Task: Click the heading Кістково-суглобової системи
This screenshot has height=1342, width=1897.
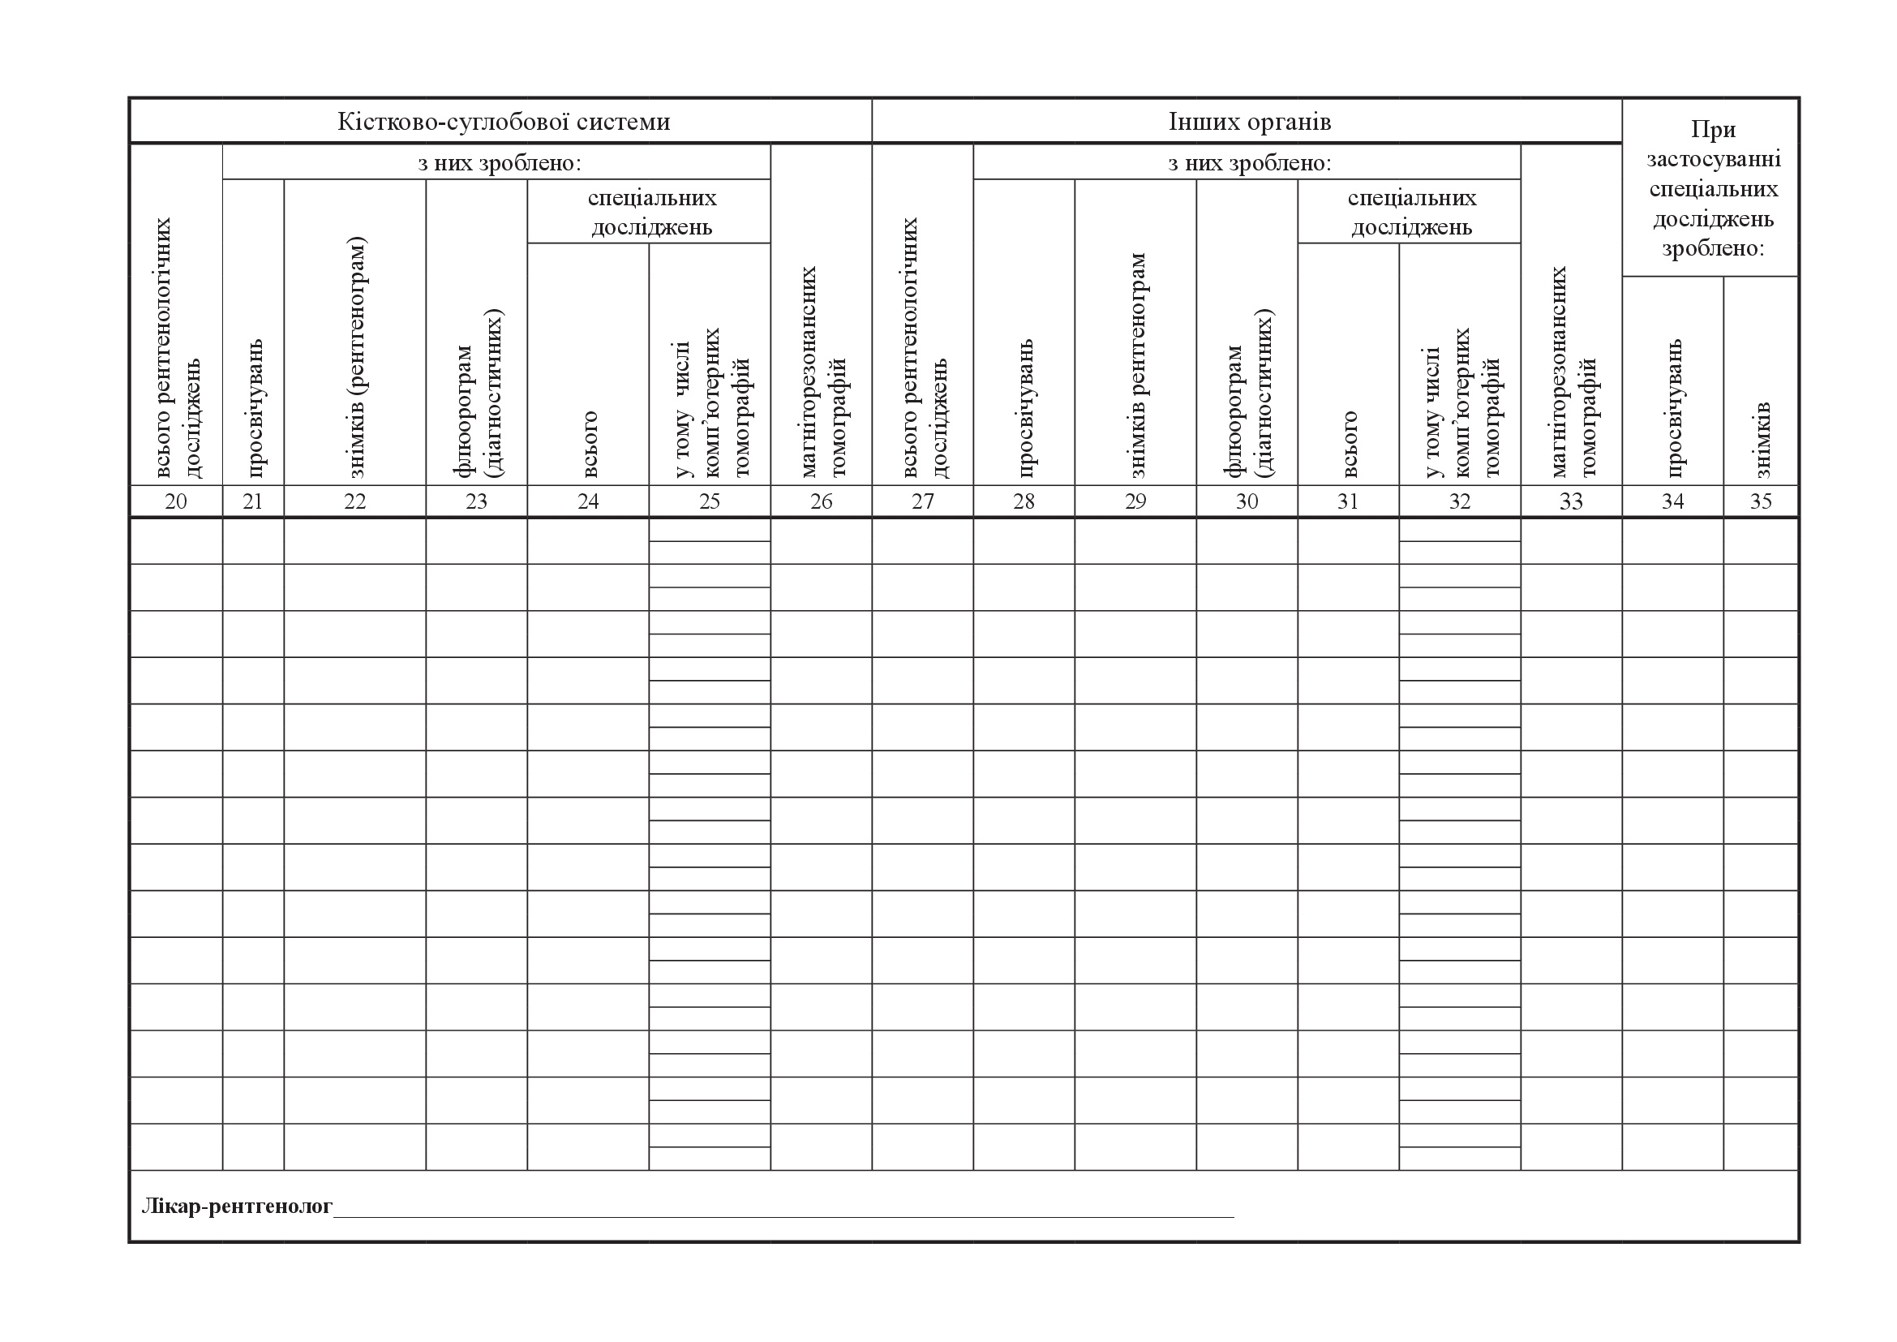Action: click(x=503, y=123)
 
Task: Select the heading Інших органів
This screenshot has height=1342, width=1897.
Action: click(x=1249, y=123)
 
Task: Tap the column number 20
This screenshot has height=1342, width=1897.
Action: click(x=176, y=501)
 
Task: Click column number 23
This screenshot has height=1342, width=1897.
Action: click(x=477, y=501)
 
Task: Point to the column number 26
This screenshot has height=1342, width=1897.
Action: click(x=822, y=501)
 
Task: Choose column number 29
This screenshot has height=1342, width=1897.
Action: click(x=1135, y=501)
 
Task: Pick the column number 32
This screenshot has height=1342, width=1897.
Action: click(x=1460, y=501)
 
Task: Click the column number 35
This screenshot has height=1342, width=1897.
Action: click(x=1761, y=501)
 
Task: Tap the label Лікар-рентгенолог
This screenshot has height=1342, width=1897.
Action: click(x=237, y=1207)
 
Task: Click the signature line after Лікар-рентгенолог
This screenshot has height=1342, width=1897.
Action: click(x=783, y=1213)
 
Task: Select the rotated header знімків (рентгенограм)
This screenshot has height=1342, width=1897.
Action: click(x=356, y=357)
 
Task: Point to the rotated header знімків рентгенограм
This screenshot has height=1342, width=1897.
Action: click(x=1137, y=365)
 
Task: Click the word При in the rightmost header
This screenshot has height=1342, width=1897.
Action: click(x=1714, y=130)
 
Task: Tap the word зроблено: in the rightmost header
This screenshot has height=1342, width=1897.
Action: click(x=1714, y=249)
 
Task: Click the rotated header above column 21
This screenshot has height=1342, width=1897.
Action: click(x=254, y=407)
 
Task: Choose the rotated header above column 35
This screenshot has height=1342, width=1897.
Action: click(x=1761, y=440)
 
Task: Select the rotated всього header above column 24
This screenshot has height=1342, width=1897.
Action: click(x=588, y=444)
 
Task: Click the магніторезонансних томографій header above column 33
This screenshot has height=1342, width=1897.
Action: click(x=1573, y=372)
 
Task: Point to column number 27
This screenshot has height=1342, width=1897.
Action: click(x=923, y=501)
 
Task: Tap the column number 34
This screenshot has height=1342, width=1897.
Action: click(x=1673, y=501)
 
